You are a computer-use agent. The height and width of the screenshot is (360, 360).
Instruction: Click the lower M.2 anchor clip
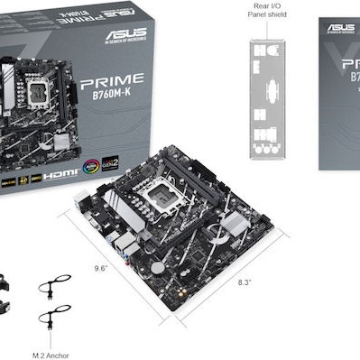point(53,318)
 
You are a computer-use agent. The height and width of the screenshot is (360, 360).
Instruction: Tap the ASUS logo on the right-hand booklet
point(340,26)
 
